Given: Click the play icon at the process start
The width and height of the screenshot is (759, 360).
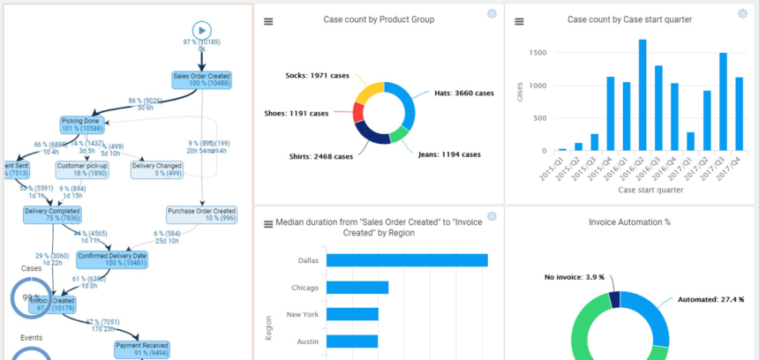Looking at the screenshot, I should [202, 30].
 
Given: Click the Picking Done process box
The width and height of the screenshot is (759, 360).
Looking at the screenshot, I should [82, 124].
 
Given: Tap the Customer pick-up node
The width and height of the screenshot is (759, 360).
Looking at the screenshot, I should [82, 169].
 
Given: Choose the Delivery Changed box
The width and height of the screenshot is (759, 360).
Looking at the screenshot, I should [156, 169].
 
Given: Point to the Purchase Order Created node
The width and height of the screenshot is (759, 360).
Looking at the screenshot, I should [201, 215].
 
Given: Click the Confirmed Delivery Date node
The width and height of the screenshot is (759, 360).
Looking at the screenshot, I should [111, 259].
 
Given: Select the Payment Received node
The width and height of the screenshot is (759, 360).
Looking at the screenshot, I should [142, 349].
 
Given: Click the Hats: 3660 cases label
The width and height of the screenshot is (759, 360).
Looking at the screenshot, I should [463, 93].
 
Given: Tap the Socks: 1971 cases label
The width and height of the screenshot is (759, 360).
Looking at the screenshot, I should [318, 75].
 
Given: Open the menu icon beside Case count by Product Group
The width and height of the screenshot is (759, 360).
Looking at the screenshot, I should [268, 21].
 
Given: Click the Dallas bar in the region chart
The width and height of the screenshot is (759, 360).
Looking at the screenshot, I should [406, 260].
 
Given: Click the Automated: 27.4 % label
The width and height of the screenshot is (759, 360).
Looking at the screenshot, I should [711, 300].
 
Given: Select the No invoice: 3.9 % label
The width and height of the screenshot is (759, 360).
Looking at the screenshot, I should [574, 277].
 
